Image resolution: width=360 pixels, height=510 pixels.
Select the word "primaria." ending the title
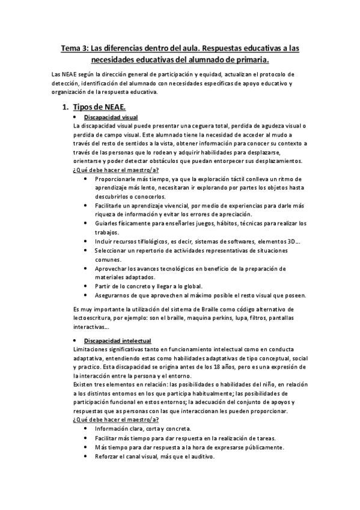point(249,60)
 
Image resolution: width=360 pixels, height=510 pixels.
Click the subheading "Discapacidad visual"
point(111,117)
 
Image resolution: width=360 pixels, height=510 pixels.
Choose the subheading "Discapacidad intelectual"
point(117,340)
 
